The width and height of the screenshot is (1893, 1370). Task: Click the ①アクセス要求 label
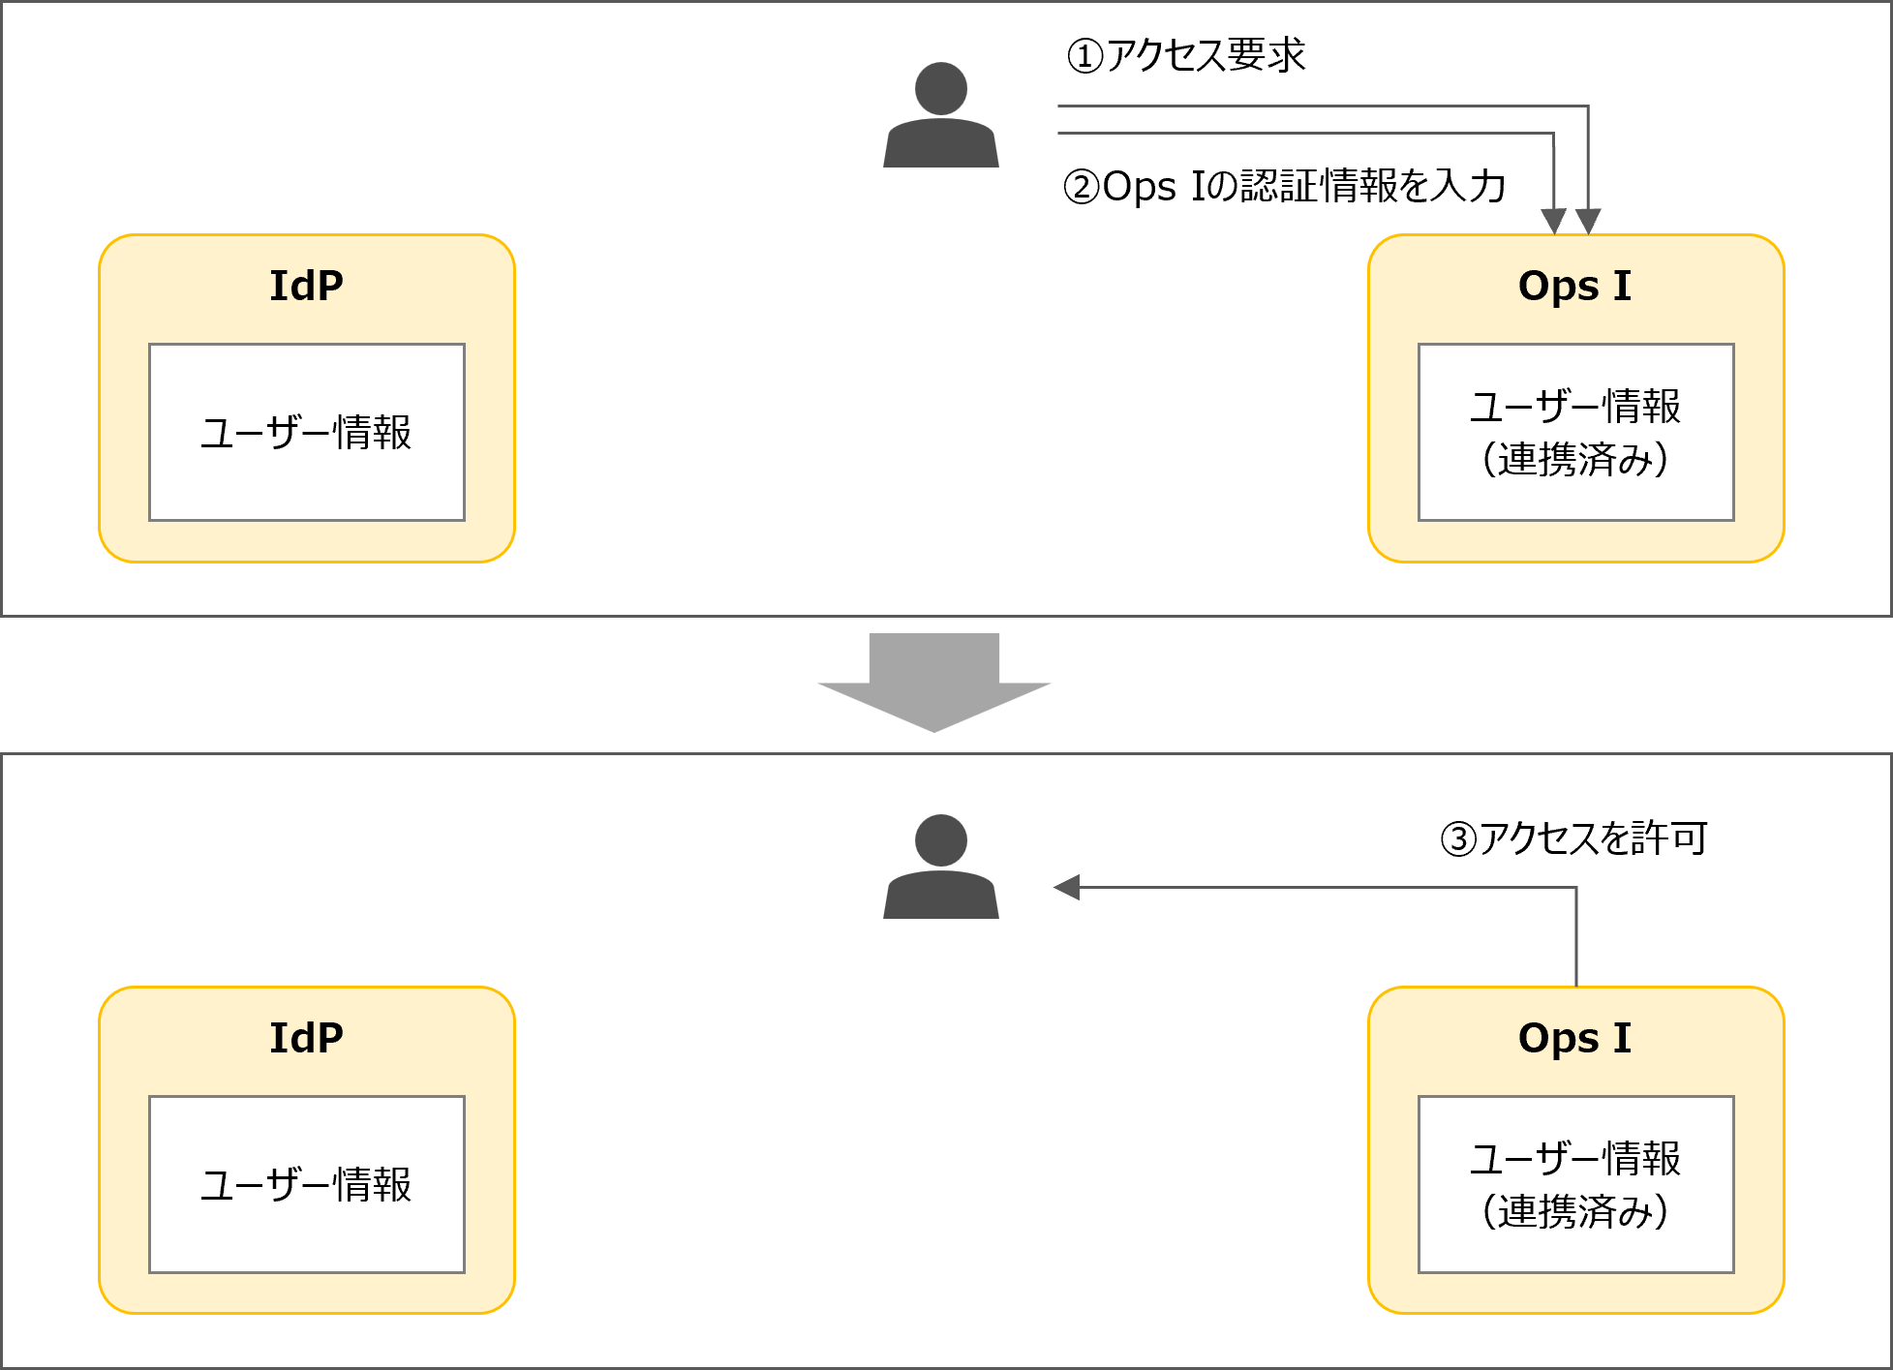(x=1186, y=55)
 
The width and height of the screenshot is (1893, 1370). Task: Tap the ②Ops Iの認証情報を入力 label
(x=1284, y=186)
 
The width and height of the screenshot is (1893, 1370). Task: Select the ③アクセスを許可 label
(x=1574, y=837)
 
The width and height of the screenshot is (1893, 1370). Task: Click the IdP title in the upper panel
(x=306, y=286)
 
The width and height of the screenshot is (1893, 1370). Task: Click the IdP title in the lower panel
(x=306, y=1038)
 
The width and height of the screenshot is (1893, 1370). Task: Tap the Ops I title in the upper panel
(x=1574, y=286)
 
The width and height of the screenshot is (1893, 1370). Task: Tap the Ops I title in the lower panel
(x=1574, y=1038)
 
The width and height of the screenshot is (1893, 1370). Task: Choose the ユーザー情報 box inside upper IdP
(x=306, y=432)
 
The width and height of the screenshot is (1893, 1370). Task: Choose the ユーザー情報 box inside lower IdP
(x=306, y=1184)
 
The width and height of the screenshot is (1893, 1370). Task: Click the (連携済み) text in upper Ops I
(x=1574, y=459)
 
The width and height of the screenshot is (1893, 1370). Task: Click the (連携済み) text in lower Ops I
(x=1574, y=1211)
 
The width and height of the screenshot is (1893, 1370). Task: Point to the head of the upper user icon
(x=940, y=89)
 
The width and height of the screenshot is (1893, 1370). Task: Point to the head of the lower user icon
(x=940, y=840)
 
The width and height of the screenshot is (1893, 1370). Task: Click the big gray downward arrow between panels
(x=934, y=683)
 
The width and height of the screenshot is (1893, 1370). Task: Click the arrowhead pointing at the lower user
(x=1067, y=887)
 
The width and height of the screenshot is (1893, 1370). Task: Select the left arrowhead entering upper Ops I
(x=1553, y=221)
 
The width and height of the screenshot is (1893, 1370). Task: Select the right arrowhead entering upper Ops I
(x=1588, y=221)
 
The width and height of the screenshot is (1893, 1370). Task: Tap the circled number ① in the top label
(x=1084, y=56)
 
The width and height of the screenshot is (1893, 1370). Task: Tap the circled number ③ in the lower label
(x=1458, y=838)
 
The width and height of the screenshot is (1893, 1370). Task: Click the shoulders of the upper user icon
(x=940, y=144)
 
